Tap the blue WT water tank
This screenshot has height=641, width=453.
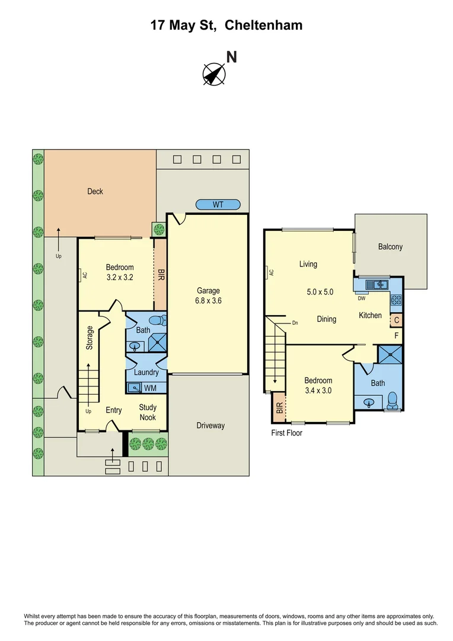pyautogui.click(x=218, y=205)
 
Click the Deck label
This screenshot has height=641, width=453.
pyautogui.click(x=95, y=191)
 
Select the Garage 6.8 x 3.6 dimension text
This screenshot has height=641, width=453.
pyautogui.click(x=208, y=300)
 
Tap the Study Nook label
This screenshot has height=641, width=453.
pyautogui.click(x=148, y=412)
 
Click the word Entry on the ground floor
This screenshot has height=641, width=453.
pyautogui.click(x=114, y=410)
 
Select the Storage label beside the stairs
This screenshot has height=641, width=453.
pyautogui.click(x=90, y=337)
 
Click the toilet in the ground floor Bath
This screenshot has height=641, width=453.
pyautogui.click(x=156, y=321)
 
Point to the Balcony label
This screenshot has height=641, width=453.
pyautogui.click(x=390, y=247)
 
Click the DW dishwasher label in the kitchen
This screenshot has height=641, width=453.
pyautogui.click(x=361, y=299)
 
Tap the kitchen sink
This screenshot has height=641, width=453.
pyautogui.click(x=377, y=285)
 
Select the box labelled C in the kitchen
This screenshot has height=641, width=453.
pyautogui.click(x=396, y=320)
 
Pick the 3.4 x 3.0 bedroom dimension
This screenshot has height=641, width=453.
pyautogui.click(x=318, y=391)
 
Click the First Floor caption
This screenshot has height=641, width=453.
pyautogui.click(x=286, y=433)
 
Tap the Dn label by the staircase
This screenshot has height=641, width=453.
pyautogui.click(x=295, y=323)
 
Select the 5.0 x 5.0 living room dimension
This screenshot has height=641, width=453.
pyautogui.click(x=320, y=292)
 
